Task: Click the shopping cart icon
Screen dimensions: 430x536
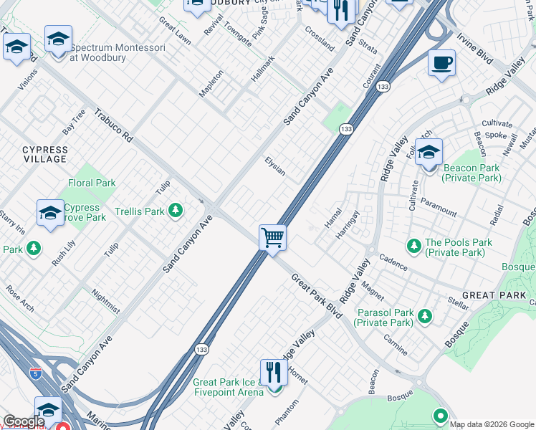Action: (272, 236)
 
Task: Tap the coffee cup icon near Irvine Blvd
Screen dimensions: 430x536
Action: (441, 63)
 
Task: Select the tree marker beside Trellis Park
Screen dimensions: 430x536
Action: (175, 211)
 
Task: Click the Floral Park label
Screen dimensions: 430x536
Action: (92, 183)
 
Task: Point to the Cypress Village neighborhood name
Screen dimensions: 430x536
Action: (45, 155)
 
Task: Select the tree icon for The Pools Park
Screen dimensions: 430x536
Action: (413, 247)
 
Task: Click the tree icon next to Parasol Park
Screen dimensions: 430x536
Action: (425, 315)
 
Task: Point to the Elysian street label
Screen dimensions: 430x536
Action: (275, 166)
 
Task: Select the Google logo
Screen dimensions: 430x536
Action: (23, 421)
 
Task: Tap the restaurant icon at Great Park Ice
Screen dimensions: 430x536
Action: (273, 373)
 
